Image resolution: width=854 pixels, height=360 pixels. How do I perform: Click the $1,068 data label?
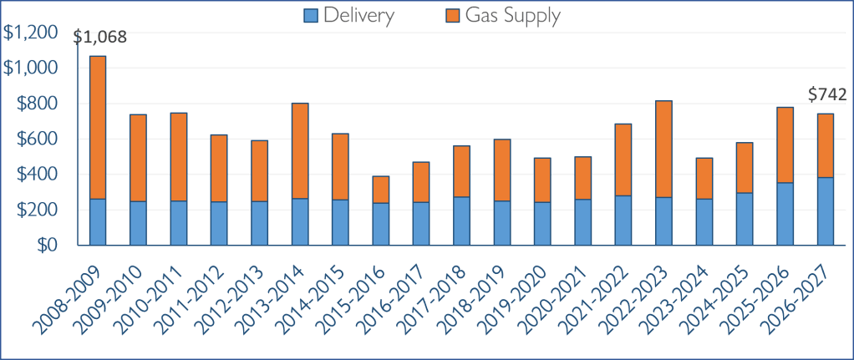(x=99, y=38)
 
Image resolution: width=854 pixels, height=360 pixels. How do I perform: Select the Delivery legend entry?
(x=349, y=15)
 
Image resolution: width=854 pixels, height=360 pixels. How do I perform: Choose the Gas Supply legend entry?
(x=503, y=15)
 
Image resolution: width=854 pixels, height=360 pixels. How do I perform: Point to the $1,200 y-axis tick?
(x=31, y=33)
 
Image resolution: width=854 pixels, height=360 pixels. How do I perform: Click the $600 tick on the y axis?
(x=38, y=139)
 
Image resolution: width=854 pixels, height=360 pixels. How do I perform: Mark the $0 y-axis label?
(x=48, y=246)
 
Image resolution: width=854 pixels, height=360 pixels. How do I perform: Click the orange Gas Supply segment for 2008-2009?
(x=98, y=128)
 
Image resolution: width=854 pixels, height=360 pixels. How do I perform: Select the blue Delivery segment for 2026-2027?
(x=826, y=211)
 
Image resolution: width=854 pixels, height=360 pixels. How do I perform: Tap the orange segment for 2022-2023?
(x=664, y=150)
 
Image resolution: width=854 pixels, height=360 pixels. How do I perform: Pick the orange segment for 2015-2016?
(x=381, y=190)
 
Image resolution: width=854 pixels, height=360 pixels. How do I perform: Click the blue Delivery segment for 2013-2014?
(x=300, y=221)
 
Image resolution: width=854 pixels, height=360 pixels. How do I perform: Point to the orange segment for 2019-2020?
(x=542, y=180)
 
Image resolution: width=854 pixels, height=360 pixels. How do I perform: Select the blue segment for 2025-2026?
(x=785, y=214)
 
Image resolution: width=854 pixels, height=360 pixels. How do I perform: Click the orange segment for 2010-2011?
(x=179, y=157)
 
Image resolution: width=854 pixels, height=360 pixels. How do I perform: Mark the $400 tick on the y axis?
(x=38, y=175)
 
